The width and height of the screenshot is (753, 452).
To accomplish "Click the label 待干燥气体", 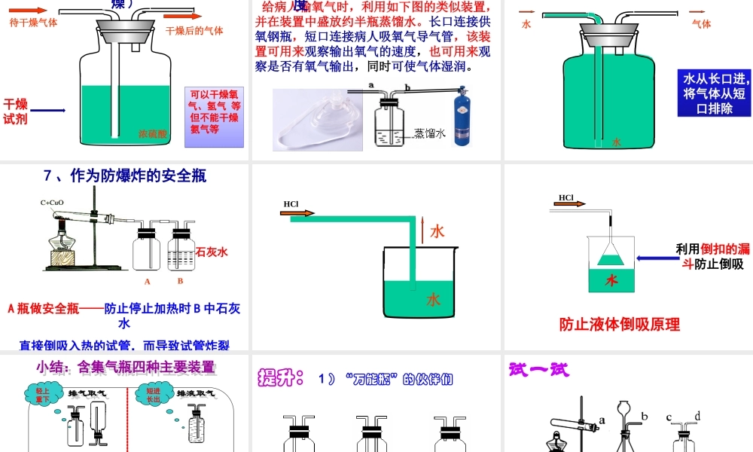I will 33,23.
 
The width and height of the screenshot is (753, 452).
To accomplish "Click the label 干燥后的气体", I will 194,31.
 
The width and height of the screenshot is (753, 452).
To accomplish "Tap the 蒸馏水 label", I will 430,133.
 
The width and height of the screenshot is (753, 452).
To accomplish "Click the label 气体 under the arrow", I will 701,23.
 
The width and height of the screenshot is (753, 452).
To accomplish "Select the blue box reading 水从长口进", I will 715,93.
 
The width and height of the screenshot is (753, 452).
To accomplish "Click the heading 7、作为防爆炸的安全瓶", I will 125,176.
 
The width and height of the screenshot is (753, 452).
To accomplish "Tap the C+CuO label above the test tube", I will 52,203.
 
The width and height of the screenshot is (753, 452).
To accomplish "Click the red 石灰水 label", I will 212,252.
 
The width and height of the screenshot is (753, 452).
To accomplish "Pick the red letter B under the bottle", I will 180,281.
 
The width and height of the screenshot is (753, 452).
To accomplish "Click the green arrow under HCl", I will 298,214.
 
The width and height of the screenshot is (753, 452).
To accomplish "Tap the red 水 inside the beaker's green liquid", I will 433,300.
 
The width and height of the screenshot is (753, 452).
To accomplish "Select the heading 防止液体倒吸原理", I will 619,325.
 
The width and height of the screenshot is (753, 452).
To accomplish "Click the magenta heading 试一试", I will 539,370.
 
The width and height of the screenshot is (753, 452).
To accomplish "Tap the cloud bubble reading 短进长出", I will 153,395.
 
